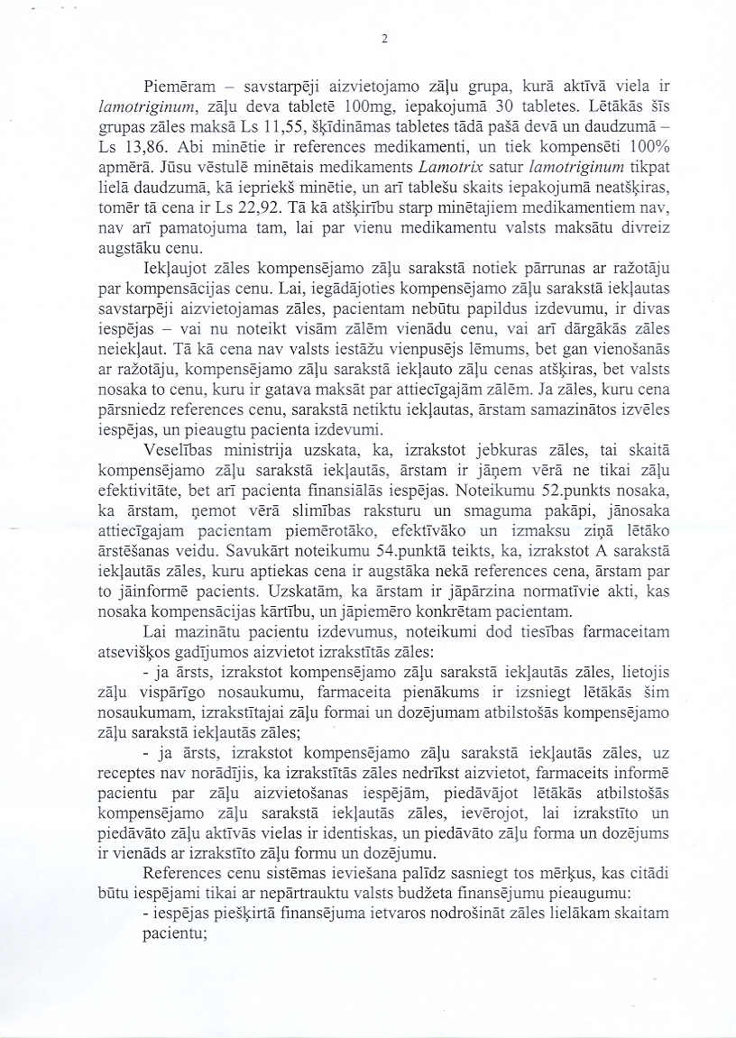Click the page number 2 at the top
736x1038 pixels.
tap(384, 39)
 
